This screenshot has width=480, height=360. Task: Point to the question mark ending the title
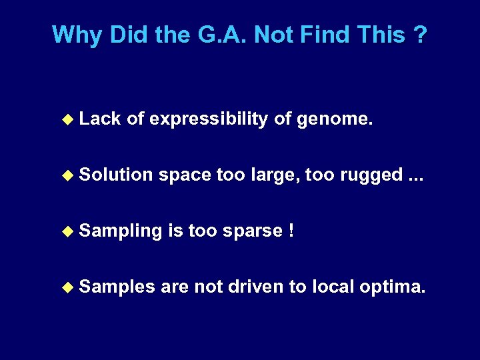[x=419, y=34]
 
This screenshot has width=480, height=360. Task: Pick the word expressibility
[x=209, y=119]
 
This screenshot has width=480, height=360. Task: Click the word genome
[x=333, y=119]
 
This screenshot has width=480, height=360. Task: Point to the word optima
[x=391, y=287]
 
